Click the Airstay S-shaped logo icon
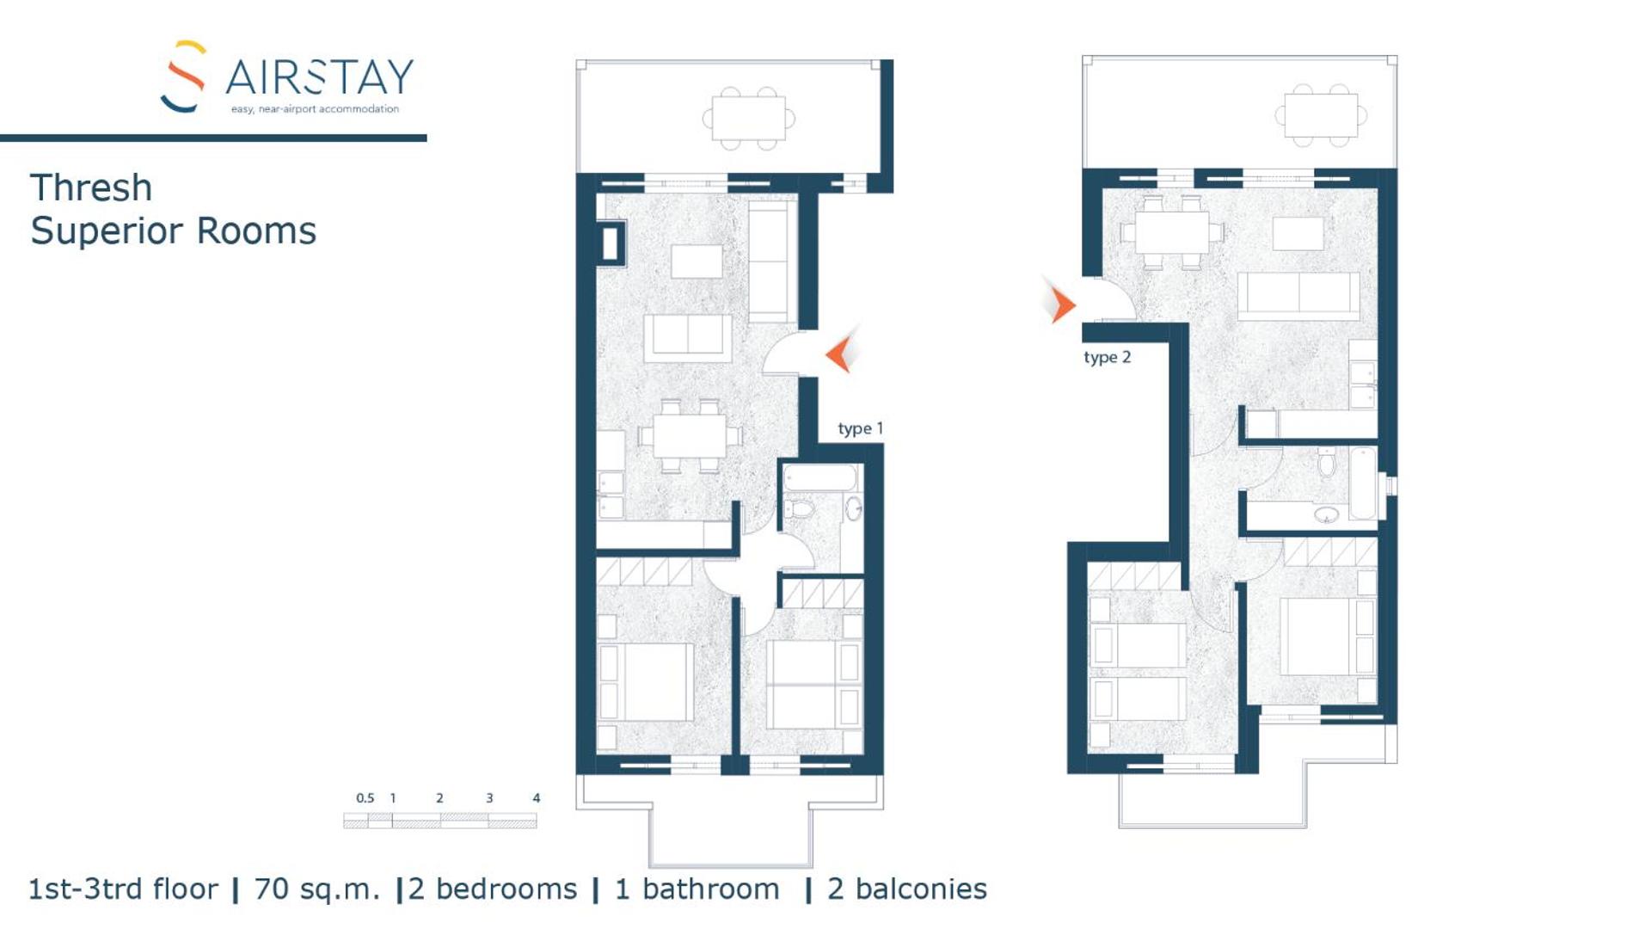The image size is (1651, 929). click(x=183, y=77)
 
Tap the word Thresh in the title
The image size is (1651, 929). click(x=91, y=188)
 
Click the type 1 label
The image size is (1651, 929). click(x=860, y=428)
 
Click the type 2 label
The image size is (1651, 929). click(x=1107, y=357)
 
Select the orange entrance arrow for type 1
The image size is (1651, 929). click(x=840, y=353)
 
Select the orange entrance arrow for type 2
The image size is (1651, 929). click(x=1061, y=304)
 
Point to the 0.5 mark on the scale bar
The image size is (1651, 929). click(x=365, y=798)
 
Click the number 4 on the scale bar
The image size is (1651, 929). click(x=536, y=798)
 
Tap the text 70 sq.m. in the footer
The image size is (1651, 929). click(x=316, y=889)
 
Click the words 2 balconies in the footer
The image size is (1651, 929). click(x=906, y=889)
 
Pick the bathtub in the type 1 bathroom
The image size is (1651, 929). click(x=820, y=477)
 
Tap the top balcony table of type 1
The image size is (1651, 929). click(x=748, y=118)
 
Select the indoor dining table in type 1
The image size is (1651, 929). click(x=690, y=436)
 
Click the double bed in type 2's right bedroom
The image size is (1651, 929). click(x=1316, y=637)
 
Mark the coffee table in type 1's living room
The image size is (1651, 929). click(x=697, y=261)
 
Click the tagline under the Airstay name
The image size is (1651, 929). click(x=315, y=109)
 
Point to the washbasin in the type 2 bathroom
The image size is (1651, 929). click(x=1327, y=514)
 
